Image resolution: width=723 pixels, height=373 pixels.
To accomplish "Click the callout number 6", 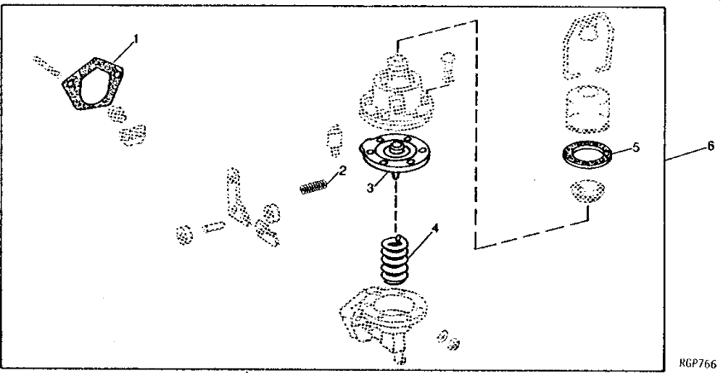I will tap(711, 145).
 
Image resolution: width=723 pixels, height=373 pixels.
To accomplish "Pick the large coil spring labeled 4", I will tap(397, 260).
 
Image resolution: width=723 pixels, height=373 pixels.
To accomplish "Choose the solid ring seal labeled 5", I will tap(586, 155).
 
